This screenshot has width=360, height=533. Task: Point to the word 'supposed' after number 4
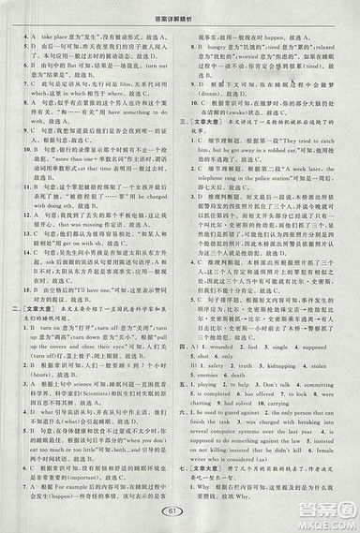pyautogui.click(x=327, y=318)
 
